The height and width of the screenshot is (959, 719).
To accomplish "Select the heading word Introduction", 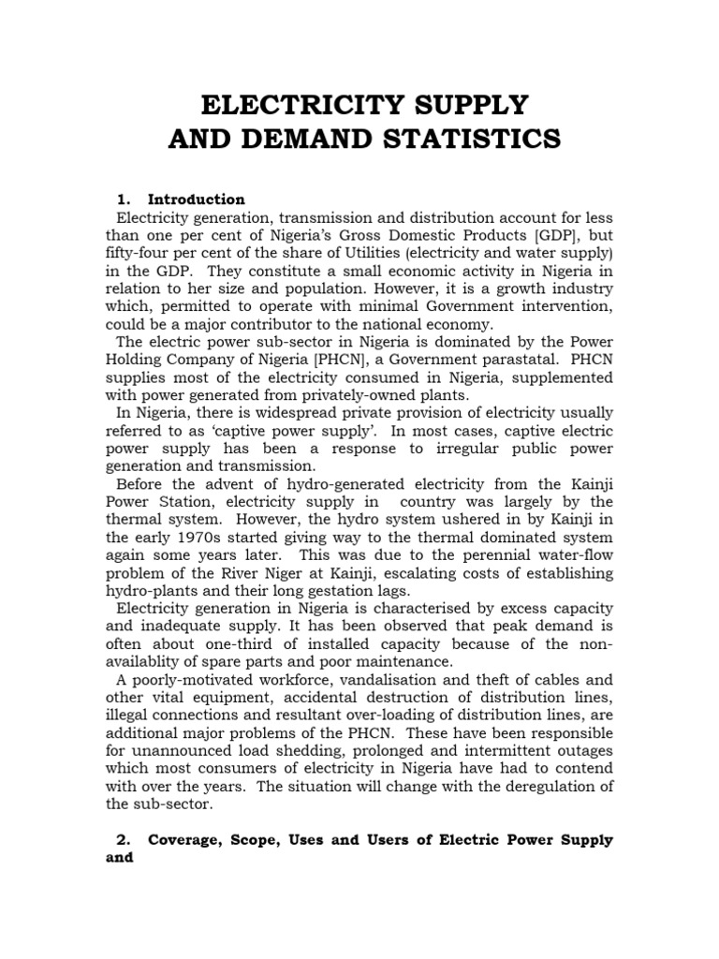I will [197, 199].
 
